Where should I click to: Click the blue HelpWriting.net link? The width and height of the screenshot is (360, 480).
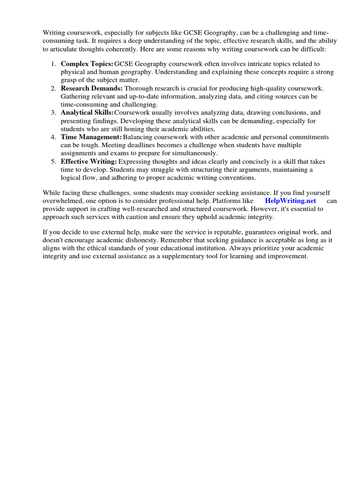click(x=291, y=201)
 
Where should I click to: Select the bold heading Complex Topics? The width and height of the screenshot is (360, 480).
click(x=87, y=64)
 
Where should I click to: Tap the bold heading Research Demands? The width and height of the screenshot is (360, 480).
click(x=91, y=89)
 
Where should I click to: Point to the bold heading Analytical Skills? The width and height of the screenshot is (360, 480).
click(x=87, y=112)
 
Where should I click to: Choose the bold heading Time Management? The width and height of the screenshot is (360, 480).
click(x=91, y=137)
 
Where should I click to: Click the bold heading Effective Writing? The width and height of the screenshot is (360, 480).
click(x=89, y=161)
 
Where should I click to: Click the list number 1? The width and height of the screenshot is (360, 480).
click(x=53, y=64)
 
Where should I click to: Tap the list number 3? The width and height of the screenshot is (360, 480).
click(x=53, y=112)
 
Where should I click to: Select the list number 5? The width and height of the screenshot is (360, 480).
click(x=53, y=161)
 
